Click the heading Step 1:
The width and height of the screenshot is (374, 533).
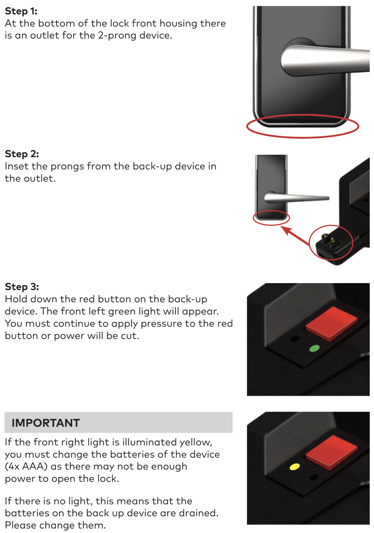pyautogui.click(x=21, y=11)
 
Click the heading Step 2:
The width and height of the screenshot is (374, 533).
pyautogui.click(x=22, y=154)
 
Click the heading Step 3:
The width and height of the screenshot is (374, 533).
pyautogui.click(x=22, y=287)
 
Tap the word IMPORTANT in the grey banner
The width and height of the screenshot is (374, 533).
pyautogui.click(x=46, y=423)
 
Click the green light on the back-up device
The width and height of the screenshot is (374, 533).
pyautogui.click(x=314, y=348)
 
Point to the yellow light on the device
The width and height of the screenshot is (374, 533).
pyautogui.click(x=294, y=467)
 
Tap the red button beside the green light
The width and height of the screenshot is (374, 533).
pyautogui.click(x=331, y=323)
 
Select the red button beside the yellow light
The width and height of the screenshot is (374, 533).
pyautogui.click(x=331, y=452)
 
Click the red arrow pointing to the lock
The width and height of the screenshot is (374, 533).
pyautogui.click(x=296, y=236)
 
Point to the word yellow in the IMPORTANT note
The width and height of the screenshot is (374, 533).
pyautogui.click(x=196, y=443)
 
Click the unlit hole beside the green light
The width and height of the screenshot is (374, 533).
pyautogui.click(x=295, y=339)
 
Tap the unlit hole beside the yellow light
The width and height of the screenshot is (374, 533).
pyautogui.click(x=314, y=477)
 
